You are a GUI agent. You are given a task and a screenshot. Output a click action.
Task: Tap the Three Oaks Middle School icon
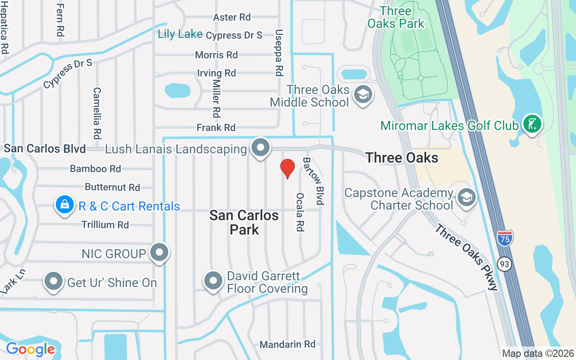pos(363,95)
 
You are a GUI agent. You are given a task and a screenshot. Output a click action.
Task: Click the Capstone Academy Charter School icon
pos(467,197)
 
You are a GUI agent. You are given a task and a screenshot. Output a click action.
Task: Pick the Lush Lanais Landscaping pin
pos(260,148)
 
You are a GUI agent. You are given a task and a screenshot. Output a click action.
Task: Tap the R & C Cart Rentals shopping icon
pos(65,205)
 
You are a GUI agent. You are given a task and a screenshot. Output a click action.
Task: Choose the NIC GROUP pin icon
pos(159,252)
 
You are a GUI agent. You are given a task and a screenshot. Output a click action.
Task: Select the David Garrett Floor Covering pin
pos(213,281)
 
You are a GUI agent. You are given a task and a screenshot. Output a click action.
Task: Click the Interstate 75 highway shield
pos(505,238)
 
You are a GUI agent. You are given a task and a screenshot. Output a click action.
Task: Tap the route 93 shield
pos(505,264)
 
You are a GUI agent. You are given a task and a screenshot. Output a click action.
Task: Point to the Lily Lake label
pos(180,34)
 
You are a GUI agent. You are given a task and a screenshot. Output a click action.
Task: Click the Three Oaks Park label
pos(396,17)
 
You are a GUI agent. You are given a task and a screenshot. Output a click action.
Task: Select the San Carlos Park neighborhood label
pos(244,222)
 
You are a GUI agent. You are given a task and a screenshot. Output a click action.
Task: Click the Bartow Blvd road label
pos(314,181)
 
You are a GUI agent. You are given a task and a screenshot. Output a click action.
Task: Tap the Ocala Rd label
pos(300,212)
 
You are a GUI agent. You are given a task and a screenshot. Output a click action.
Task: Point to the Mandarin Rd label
pos(288,344)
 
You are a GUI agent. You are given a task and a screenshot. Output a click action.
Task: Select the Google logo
pos(31,349)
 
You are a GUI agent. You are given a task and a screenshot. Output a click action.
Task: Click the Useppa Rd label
pos(279,53)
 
